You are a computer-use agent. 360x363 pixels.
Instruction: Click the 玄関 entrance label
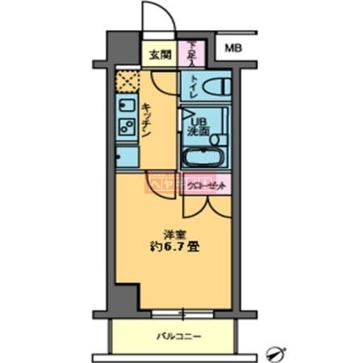160,56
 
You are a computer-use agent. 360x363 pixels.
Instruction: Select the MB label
232,48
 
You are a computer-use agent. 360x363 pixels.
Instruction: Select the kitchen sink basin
126,104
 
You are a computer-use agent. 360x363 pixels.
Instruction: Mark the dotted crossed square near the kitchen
126,81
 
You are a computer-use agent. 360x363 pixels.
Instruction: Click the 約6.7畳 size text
172,248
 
